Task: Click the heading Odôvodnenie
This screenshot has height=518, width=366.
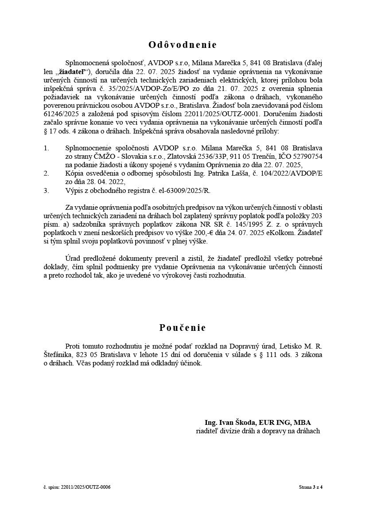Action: (183, 45)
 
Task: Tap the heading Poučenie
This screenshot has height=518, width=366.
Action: (183, 328)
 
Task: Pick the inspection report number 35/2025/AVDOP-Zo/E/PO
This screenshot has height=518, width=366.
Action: (127, 88)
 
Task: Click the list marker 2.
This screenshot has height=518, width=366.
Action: (46, 173)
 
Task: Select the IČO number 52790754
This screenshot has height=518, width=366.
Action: (306, 156)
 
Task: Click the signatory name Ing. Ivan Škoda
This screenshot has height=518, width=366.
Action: (232, 423)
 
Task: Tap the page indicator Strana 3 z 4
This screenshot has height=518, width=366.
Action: (311, 487)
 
